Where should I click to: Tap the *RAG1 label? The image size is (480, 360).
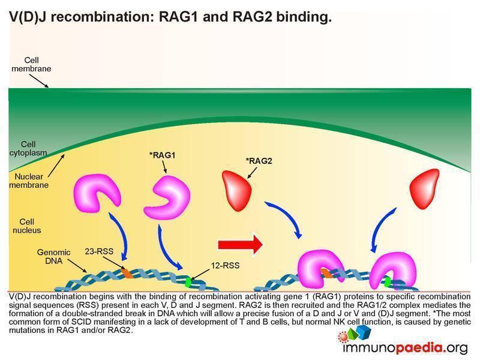click(x=162, y=155)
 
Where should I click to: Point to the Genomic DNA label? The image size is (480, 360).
click(x=53, y=257)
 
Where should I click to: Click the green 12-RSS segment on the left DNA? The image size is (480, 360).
click(x=190, y=280)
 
